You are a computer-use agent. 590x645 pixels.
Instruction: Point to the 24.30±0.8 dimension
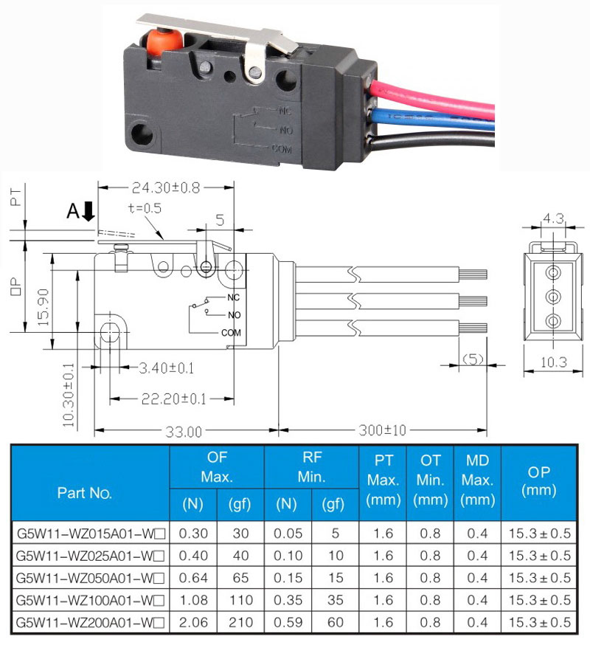(166, 187)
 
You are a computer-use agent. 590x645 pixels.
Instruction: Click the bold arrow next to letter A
(89, 213)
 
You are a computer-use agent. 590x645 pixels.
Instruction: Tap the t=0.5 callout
(144, 209)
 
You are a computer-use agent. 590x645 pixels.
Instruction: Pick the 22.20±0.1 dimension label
(173, 399)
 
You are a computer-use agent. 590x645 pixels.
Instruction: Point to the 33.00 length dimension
(183, 431)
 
